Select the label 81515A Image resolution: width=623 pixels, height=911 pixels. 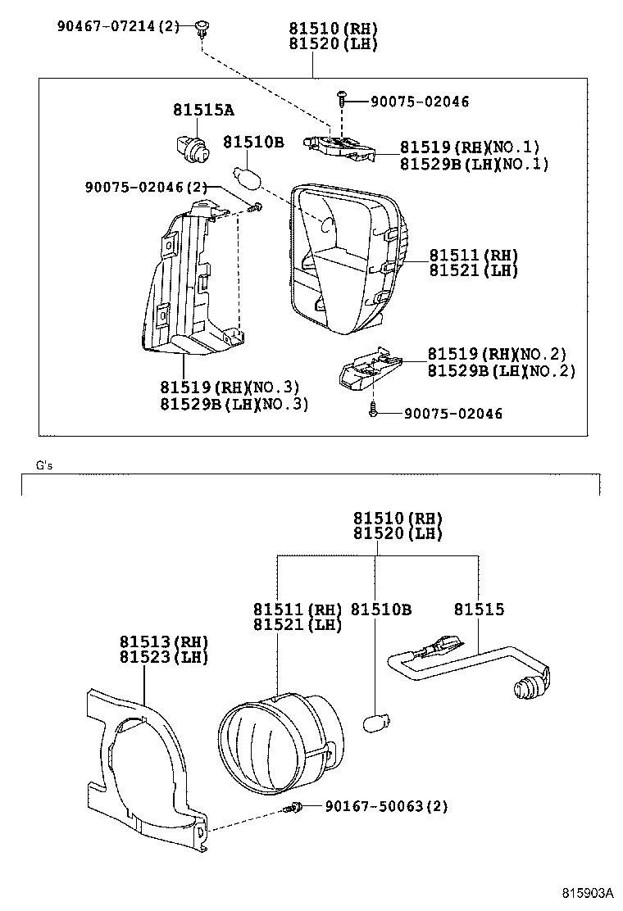click(202, 111)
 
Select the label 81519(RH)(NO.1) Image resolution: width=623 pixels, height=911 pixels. click(470, 147)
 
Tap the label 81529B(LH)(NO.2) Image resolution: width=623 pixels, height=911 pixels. click(501, 370)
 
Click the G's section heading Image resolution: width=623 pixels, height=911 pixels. click(44, 465)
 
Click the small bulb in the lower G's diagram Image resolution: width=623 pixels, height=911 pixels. click(375, 722)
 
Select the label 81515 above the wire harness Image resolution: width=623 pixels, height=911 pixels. click(479, 610)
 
